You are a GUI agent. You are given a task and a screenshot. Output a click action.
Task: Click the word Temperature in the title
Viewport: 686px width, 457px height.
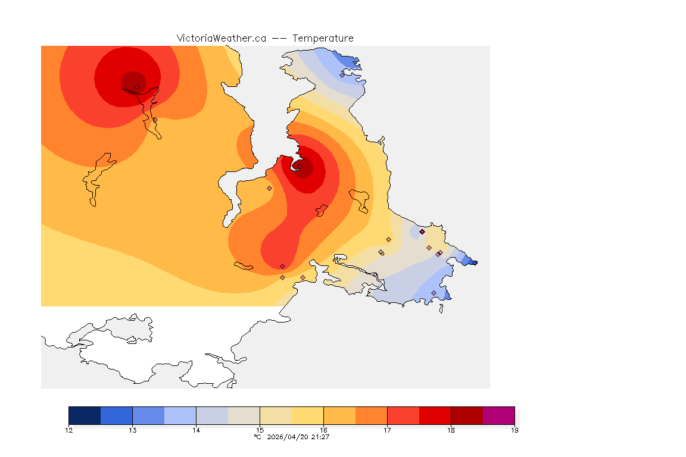323,38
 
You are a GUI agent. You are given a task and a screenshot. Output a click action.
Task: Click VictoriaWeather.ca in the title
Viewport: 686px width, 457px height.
221,38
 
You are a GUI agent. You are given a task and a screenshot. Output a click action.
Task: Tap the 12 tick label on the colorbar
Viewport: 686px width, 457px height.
69,430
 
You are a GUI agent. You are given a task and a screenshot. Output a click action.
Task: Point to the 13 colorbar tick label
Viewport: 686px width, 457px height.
132,430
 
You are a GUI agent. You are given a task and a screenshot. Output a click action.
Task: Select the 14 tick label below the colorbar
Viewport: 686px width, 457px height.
196,430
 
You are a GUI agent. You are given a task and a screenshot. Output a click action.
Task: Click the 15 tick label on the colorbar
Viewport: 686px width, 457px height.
260,430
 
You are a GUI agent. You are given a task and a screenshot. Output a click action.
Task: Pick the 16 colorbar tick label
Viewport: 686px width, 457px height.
323,430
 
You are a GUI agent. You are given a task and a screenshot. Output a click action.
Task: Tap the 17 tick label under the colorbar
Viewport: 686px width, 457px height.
387,430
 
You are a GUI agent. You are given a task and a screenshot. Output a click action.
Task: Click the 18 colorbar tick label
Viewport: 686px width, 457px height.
451,430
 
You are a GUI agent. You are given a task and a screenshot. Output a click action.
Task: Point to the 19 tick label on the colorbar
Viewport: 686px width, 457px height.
514,430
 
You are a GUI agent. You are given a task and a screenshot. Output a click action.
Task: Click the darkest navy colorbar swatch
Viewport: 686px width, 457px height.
85,415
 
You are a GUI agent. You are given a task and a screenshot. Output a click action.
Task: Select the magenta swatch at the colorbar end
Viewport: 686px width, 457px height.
498,415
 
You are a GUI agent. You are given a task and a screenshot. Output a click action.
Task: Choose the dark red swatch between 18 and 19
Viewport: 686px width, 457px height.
467,415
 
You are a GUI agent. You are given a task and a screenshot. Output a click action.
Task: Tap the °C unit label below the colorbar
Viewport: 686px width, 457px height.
257,437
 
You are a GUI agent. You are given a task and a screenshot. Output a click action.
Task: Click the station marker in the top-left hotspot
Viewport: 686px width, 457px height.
137,87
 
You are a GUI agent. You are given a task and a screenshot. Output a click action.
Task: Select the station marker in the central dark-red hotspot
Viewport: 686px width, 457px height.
300,167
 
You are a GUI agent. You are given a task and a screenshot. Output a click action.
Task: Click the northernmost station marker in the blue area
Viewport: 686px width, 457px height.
342,75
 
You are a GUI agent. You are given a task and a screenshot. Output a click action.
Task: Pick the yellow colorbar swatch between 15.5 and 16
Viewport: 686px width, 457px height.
307,415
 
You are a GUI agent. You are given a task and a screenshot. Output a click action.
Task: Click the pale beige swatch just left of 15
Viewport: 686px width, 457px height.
244,415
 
